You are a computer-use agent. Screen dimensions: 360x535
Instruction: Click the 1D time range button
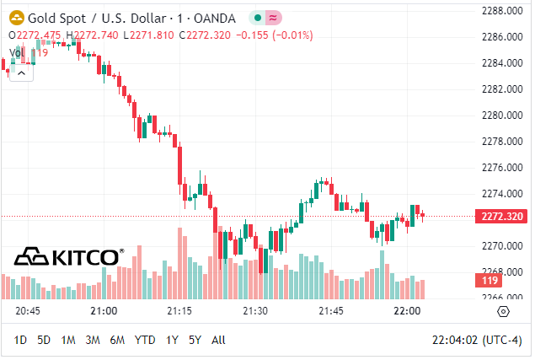tap(21, 340)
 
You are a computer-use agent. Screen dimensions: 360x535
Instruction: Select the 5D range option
tap(44, 340)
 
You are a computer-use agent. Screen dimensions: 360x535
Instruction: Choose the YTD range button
tap(145, 340)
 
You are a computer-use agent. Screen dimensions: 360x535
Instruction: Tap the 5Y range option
tap(195, 340)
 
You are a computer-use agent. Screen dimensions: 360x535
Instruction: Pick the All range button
tap(218, 340)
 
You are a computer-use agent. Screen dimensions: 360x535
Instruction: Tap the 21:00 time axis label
tap(104, 311)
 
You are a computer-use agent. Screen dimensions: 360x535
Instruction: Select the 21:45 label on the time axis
tap(331, 311)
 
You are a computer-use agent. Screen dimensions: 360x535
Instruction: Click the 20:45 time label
tap(28, 311)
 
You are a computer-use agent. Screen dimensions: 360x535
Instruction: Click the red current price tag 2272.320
tap(503, 217)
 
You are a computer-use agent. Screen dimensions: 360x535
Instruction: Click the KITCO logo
tap(70, 255)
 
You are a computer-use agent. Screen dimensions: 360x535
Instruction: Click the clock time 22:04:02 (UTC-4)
tap(475, 340)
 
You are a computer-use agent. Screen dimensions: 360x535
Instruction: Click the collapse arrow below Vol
tap(21, 73)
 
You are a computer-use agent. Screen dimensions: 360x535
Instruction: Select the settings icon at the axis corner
tap(504, 311)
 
